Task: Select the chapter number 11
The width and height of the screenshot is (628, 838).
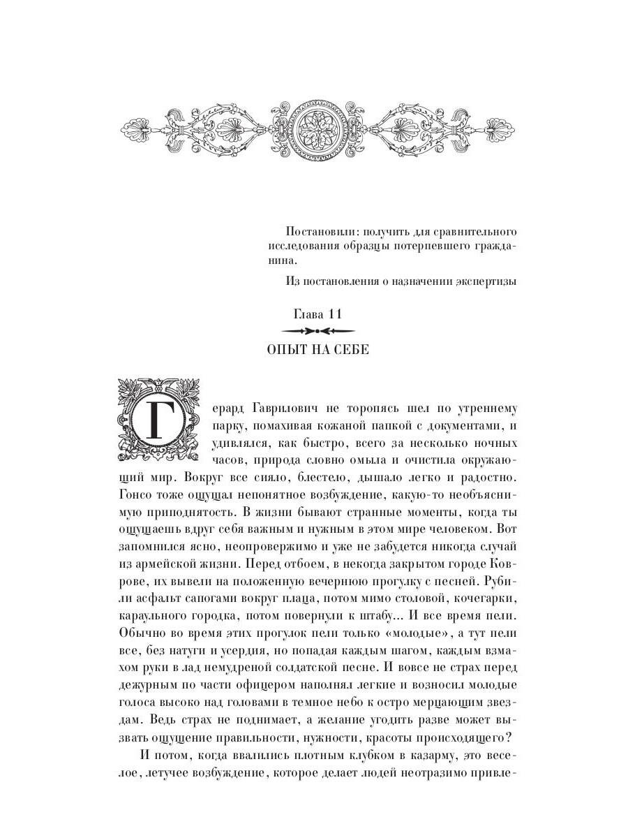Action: coord(335,314)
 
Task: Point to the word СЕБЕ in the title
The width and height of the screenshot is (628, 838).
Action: coord(349,349)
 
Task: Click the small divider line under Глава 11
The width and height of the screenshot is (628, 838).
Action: coord(316,331)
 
